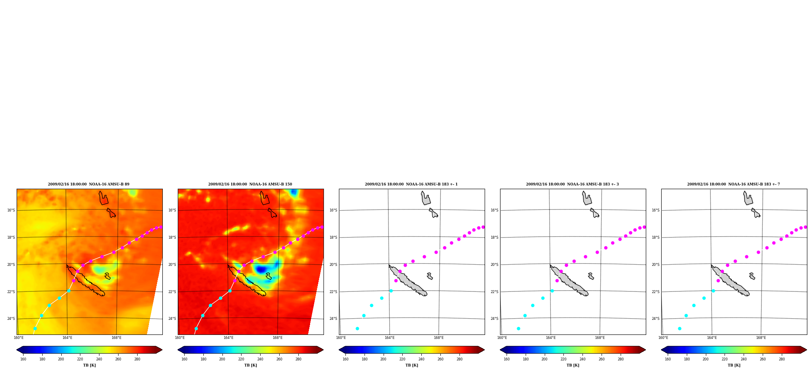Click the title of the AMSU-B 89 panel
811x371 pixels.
[x=88, y=184]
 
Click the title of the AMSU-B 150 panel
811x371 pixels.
[x=250, y=184]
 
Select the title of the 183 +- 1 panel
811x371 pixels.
[x=411, y=184]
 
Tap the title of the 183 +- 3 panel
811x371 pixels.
[x=572, y=184]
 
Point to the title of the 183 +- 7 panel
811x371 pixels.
[x=733, y=184]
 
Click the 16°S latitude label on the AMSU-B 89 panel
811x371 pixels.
[x=11, y=210]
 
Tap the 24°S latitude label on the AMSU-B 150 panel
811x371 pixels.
[x=172, y=319]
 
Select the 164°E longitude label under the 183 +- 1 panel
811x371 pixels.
[x=390, y=338]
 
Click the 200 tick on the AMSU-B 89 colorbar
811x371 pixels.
[x=61, y=359]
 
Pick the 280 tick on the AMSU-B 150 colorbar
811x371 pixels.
[x=298, y=359]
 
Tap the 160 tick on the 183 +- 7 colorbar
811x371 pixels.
[x=668, y=359]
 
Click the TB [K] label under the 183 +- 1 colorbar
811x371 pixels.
[x=412, y=365]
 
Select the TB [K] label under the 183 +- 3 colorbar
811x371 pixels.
[x=573, y=365]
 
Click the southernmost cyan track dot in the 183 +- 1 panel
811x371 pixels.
[x=357, y=328]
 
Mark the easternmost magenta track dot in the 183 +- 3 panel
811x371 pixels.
[x=644, y=227]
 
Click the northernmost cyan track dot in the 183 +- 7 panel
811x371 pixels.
[x=713, y=291]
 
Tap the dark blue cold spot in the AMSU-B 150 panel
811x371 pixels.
[x=261, y=269]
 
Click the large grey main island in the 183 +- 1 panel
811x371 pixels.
[x=408, y=280]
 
